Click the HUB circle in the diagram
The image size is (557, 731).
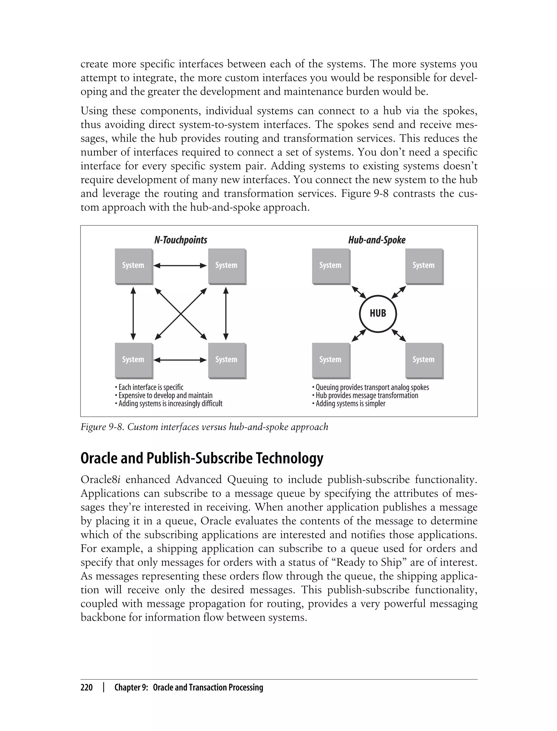pyautogui.click(x=377, y=313)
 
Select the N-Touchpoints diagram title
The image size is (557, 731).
pyautogui.click(x=181, y=240)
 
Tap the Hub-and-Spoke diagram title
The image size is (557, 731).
pyautogui.click(x=377, y=240)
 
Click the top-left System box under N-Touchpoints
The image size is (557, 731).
pyautogui.click(x=134, y=266)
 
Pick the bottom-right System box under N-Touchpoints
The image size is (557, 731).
pyautogui.click(x=227, y=360)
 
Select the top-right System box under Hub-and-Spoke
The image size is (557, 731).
pyautogui.click(x=424, y=266)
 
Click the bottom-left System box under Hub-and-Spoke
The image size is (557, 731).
pyautogui.click(x=330, y=360)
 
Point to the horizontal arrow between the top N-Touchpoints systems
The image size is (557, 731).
pyautogui.click(x=180, y=265)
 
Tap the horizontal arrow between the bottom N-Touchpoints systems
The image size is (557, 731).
pyautogui.click(x=180, y=360)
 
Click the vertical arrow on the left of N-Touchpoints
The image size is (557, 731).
pyautogui.click(x=133, y=313)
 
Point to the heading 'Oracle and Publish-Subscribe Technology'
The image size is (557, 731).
pyautogui.click(x=202, y=458)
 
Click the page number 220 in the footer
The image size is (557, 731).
pyautogui.click(x=86, y=688)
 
